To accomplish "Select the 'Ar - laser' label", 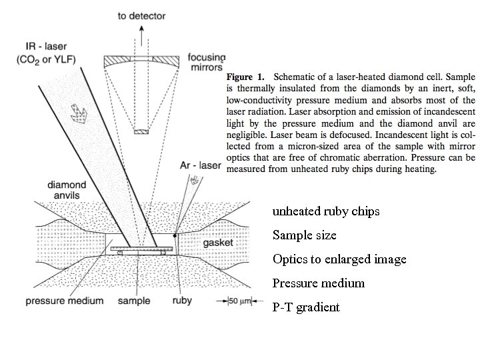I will coord(201,164).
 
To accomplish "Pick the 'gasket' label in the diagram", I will coord(219,243).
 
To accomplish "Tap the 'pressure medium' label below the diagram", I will coord(65,301).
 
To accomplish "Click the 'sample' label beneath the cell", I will coord(134,301).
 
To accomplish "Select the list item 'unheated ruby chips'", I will coord(326,211).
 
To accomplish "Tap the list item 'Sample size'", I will coord(305,235).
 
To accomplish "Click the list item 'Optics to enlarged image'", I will coord(339,259).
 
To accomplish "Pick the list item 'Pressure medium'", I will coord(319,283).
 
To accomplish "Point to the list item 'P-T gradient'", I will coord(306,307).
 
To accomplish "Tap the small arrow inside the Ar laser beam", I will coord(195,180).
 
